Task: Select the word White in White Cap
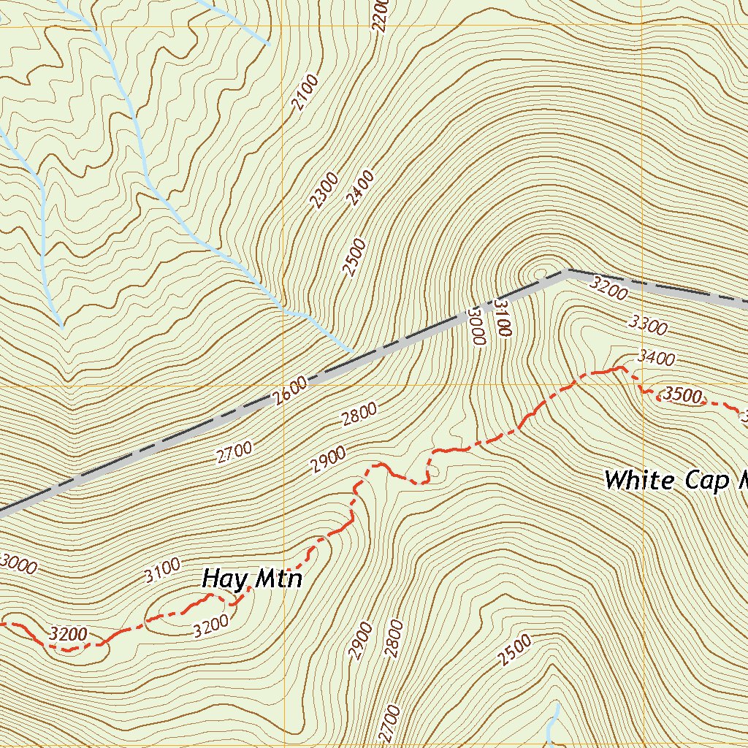(x=639, y=480)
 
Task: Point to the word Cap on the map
(x=706, y=480)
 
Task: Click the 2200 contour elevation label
(x=379, y=15)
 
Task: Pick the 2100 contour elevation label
(x=305, y=92)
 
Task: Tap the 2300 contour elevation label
(x=324, y=190)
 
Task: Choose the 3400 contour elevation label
(x=656, y=357)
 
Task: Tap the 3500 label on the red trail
(x=683, y=396)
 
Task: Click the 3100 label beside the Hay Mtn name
(x=162, y=570)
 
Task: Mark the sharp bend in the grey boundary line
(x=567, y=271)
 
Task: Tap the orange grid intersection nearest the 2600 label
(x=283, y=385)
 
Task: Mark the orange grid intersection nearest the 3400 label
(x=642, y=385)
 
